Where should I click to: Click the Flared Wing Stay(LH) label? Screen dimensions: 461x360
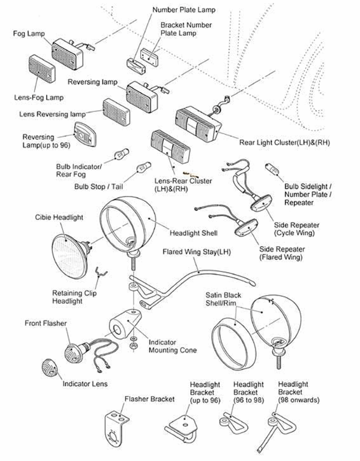(x=196, y=252)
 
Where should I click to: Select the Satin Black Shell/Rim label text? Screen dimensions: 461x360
(x=223, y=299)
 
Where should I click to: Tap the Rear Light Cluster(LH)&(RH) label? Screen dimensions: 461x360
(x=284, y=143)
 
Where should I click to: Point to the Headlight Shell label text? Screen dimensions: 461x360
(x=193, y=233)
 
